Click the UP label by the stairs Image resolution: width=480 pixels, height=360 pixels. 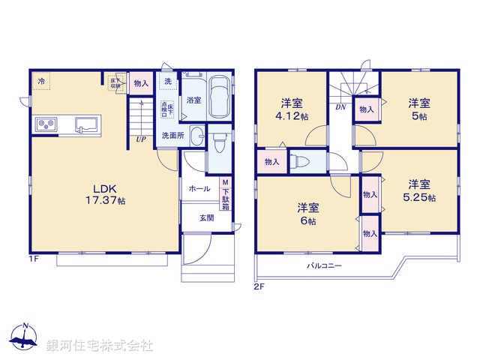click(140, 138)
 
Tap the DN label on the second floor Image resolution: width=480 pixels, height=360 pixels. click(340, 106)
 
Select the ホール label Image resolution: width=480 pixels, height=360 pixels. click(199, 188)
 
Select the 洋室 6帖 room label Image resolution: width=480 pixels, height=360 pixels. click(307, 214)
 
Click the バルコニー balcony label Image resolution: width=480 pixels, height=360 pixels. click(324, 266)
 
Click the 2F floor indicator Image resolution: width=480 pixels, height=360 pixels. click(259, 285)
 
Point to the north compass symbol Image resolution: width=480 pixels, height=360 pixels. click(24, 337)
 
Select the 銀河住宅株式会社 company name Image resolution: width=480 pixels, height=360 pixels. click(100, 346)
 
